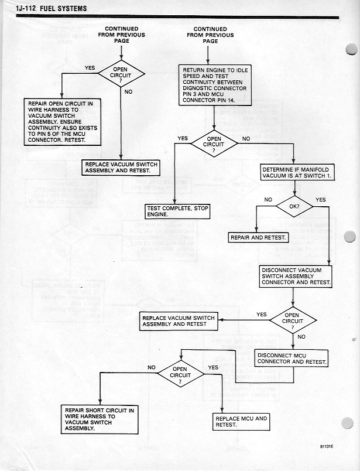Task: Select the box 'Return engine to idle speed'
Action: tap(214, 86)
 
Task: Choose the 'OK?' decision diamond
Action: tap(295, 206)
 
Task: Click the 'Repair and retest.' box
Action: tap(258, 238)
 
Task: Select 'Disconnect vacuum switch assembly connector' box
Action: tap(296, 277)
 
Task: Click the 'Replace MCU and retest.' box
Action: tap(241, 422)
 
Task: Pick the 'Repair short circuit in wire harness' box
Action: tap(98, 418)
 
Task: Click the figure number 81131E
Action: tap(327, 446)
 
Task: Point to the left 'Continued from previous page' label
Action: tap(121, 35)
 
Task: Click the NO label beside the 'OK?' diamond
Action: tap(269, 200)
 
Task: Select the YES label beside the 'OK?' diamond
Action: tap(320, 200)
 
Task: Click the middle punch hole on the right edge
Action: tap(350, 237)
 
